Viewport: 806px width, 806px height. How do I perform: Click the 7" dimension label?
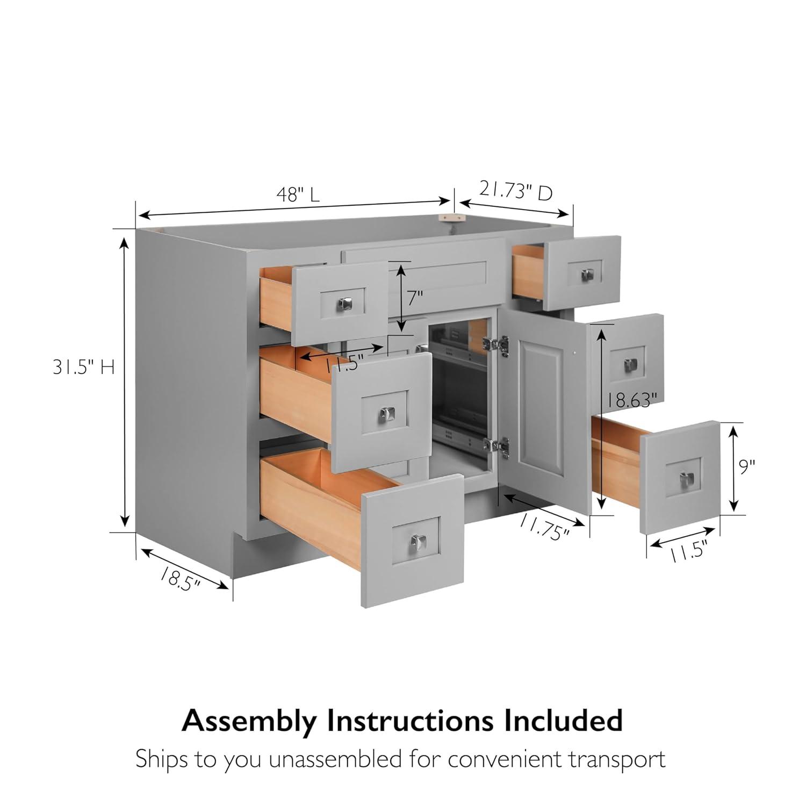coord(415,297)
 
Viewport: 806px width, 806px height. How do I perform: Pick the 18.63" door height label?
coord(632,400)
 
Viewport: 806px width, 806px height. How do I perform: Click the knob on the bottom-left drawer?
coord(416,542)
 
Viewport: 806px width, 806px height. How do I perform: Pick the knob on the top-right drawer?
coord(587,275)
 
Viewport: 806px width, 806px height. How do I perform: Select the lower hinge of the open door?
coord(496,448)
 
